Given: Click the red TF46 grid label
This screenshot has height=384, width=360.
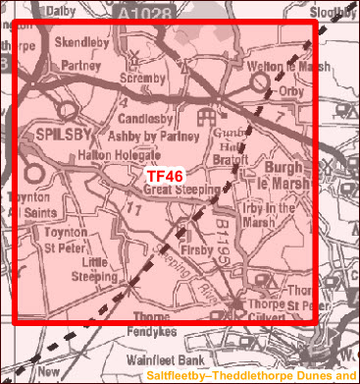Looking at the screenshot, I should pyautogui.click(x=166, y=176).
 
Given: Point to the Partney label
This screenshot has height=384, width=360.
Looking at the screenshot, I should pyautogui.click(x=80, y=66).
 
